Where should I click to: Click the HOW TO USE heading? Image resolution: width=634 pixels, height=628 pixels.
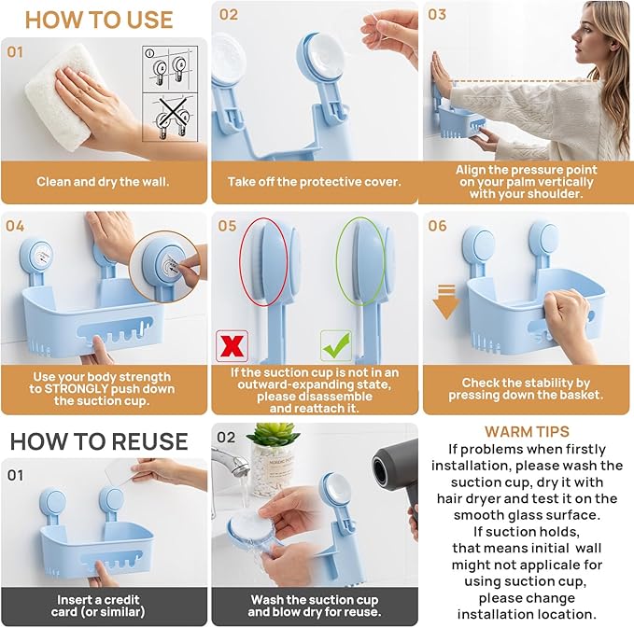[99, 20]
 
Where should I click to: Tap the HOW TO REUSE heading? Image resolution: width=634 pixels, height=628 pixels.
[99, 440]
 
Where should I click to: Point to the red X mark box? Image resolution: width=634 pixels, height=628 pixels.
[231, 345]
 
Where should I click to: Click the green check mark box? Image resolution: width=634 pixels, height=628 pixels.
[335, 345]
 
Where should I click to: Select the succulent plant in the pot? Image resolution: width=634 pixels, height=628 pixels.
[273, 436]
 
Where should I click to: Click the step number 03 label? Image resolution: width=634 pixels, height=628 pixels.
[437, 15]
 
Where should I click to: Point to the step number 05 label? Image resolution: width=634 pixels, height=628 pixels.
[228, 226]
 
